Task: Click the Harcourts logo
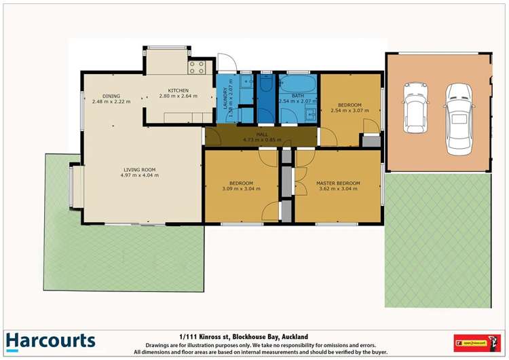click(x=50, y=341)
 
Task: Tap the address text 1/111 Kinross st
click(x=203, y=336)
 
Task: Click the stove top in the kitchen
click(x=197, y=67)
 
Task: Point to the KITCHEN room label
click(x=178, y=90)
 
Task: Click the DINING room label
click(x=111, y=96)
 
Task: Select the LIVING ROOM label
click(x=139, y=169)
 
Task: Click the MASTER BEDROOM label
click(x=337, y=183)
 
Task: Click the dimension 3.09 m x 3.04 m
click(x=241, y=190)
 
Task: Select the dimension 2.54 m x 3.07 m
click(x=346, y=110)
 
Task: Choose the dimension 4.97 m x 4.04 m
click(x=139, y=175)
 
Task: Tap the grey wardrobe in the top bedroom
click(x=371, y=141)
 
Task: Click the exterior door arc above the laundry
click(x=228, y=63)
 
